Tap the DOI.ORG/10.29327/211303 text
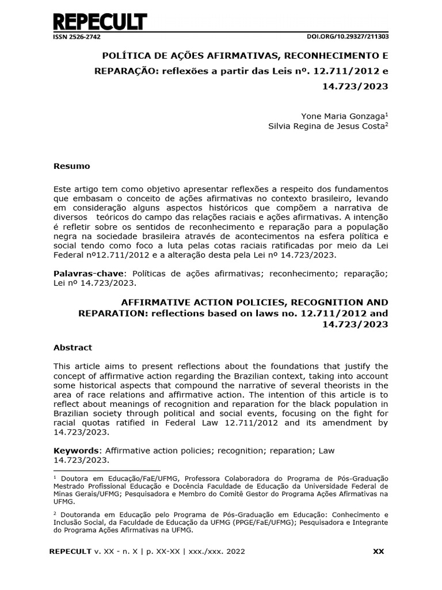pos(348,36)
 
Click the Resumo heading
pos(71,166)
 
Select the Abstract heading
pos(73,347)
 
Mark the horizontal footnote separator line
pos(106,470)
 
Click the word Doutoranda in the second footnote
pos(80,513)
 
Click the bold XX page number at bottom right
pos(378,551)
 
